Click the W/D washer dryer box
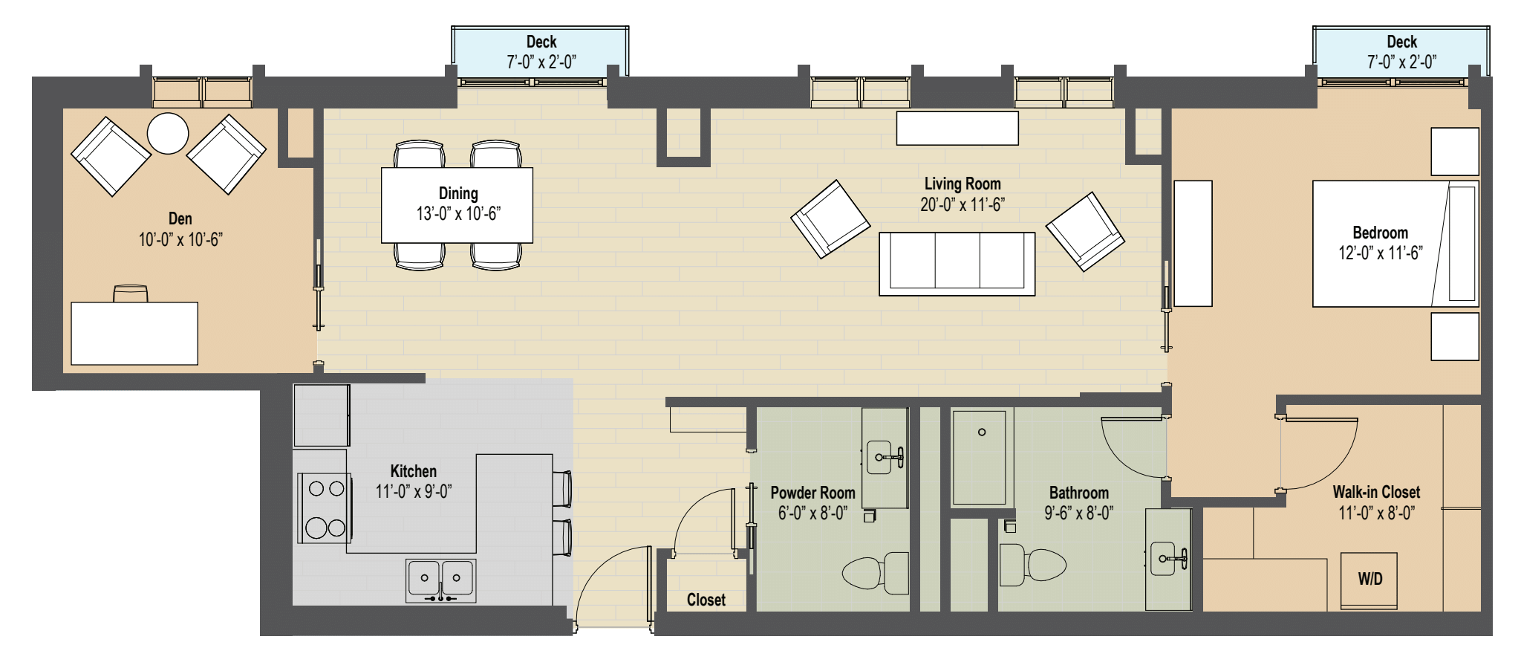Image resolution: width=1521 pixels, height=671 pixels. coord(1369,580)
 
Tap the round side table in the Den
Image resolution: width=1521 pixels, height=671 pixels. coord(168,133)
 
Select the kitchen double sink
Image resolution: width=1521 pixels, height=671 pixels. coord(440,580)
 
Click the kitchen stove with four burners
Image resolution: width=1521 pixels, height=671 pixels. coord(325,508)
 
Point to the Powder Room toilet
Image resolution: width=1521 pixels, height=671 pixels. coord(876,573)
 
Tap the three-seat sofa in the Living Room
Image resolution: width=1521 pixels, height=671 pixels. coord(957,263)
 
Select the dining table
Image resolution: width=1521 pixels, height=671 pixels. coord(457,205)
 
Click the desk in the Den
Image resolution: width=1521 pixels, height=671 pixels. coord(134,333)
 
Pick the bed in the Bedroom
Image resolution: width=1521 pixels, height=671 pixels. coord(1395,244)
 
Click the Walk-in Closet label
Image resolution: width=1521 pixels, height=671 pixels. coord(1376,492)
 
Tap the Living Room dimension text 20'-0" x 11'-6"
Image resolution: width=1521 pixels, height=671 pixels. coord(963,205)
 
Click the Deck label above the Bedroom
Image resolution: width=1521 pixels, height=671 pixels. coord(1401,42)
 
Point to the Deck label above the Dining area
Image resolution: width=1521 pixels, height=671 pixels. coord(541,42)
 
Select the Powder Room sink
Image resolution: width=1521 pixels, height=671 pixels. coord(883,457)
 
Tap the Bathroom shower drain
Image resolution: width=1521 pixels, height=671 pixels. coord(982,432)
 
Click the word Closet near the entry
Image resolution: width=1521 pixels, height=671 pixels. coord(706,600)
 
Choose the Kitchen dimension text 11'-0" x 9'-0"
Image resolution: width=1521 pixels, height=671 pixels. coord(414,491)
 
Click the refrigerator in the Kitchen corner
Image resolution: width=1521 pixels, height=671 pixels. coord(321,415)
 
